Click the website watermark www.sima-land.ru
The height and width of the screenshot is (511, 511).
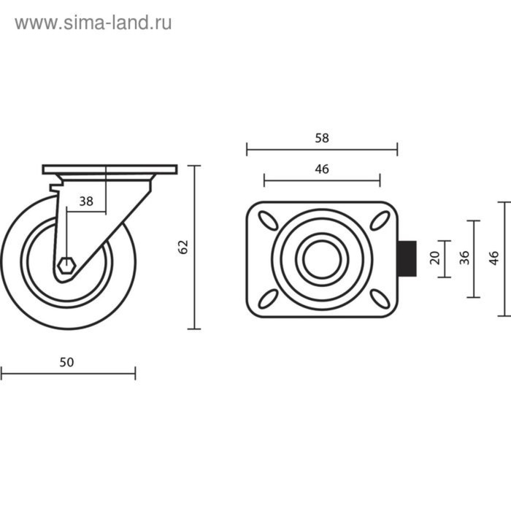pos(93,23)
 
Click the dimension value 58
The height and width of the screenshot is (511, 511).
pos(322,137)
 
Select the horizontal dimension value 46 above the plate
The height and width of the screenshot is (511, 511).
pos(322,169)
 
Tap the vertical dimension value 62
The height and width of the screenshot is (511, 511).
pos(184,247)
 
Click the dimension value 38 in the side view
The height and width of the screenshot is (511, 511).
pos(86,202)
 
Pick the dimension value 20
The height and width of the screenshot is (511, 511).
pos(435,258)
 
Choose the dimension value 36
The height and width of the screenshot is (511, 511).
pos(464,258)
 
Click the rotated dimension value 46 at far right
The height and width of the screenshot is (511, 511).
pos(494,258)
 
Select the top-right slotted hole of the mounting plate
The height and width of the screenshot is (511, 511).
pos(379,220)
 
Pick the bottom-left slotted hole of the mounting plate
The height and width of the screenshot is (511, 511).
pos(268,298)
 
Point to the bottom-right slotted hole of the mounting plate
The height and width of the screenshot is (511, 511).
pos(379,298)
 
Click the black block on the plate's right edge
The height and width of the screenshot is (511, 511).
pos(407,259)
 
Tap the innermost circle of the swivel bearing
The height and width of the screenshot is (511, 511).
pos(322,259)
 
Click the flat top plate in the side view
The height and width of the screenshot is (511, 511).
pos(109,169)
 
